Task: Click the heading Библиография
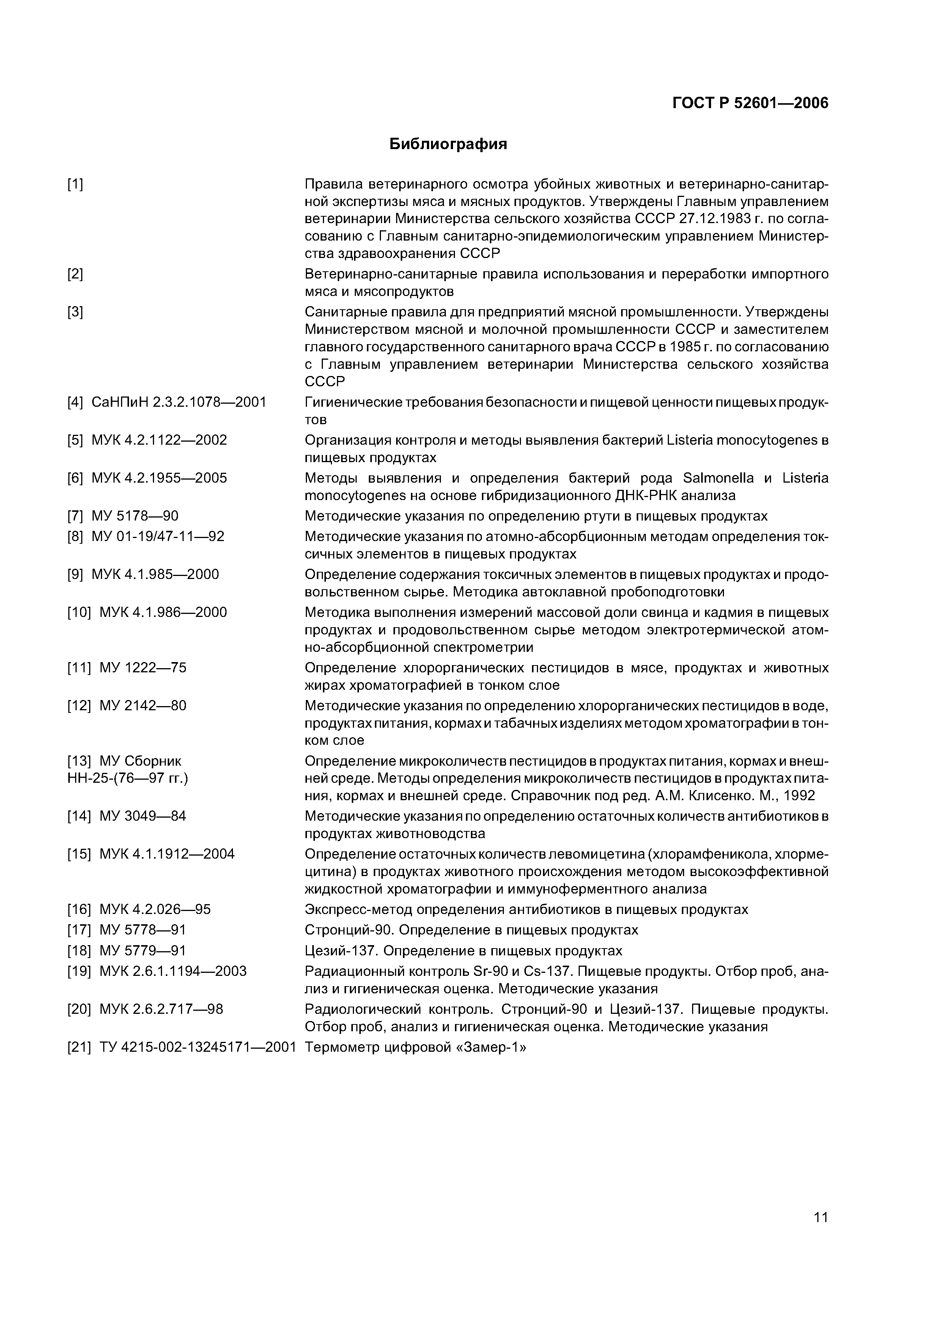tap(448, 144)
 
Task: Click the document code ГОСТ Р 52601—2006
tap(750, 103)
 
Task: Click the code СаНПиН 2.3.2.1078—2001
tap(179, 402)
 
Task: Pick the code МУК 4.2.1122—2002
tap(159, 440)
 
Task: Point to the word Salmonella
tap(718, 478)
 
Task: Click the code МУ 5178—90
tap(135, 516)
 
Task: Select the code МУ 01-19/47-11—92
tap(158, 536)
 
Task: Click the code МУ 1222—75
tap(143, 668)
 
